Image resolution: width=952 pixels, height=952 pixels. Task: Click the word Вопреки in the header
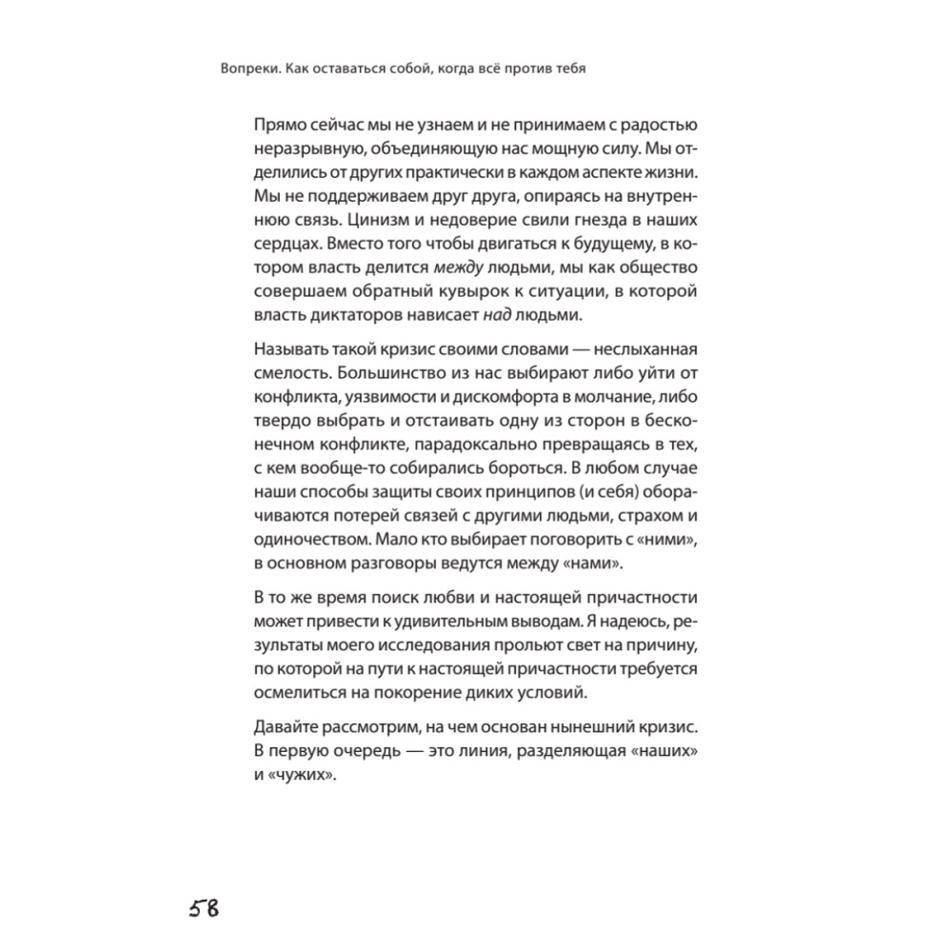pos(247,69)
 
